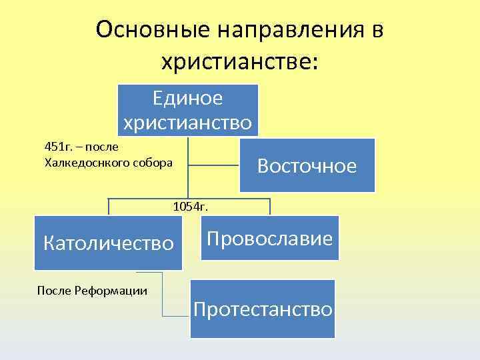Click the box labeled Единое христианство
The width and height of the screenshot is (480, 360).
(188, 109)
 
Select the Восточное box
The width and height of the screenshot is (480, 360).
(307, 165)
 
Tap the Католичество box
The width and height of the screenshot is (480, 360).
(108, 243)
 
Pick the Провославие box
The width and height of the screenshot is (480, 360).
(269, 238)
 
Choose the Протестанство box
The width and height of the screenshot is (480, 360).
(263, 309)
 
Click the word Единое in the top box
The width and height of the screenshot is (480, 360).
(188, 98)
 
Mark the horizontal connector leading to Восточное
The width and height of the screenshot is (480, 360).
(213, 165)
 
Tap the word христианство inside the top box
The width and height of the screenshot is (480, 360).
(188, 123)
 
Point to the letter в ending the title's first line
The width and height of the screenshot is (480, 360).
(377, 30)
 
